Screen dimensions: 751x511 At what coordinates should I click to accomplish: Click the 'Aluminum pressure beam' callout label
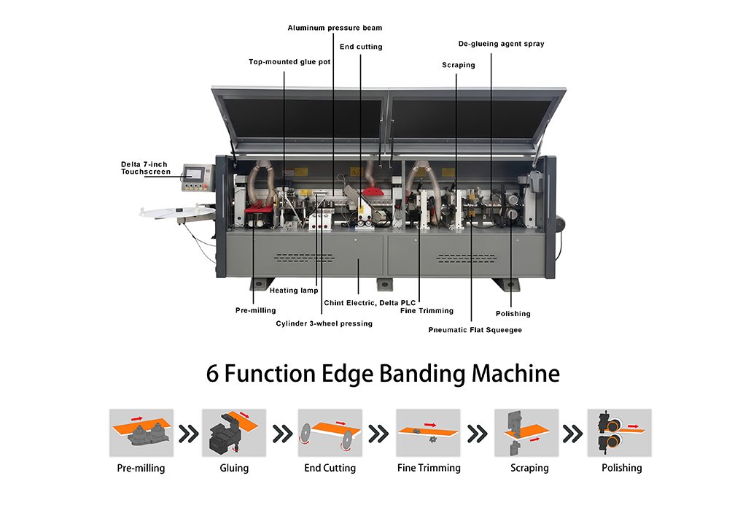point(335,28)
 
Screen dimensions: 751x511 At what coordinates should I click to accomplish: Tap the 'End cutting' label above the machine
point(361,47)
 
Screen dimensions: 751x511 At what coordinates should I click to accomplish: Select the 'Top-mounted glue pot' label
point(289,62)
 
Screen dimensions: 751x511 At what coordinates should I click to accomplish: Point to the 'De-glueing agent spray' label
point(502,44)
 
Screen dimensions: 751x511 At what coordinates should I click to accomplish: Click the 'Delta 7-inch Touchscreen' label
point(146,168)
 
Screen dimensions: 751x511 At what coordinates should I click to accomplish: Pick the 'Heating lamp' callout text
point(294,290)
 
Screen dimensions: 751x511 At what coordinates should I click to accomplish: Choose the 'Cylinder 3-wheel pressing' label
point(324,323)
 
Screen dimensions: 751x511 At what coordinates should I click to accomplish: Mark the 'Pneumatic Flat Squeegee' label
point(475,330)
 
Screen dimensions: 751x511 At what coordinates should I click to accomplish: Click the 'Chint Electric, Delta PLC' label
point(370,302)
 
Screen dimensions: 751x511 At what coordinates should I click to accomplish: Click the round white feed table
point(177,212)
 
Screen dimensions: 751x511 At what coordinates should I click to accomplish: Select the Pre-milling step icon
point(141,433)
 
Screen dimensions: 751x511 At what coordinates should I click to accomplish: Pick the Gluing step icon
point(234,433)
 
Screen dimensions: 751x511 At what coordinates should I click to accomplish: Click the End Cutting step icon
point(330,433)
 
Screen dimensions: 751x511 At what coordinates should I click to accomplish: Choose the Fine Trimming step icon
point(428,433)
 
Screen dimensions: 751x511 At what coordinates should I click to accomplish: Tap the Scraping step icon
point(526,433)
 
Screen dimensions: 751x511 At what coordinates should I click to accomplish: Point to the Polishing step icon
point(620,433)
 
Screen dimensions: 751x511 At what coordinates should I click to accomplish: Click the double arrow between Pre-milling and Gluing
point(189,434)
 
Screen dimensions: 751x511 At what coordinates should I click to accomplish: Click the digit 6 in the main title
point(212,374)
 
